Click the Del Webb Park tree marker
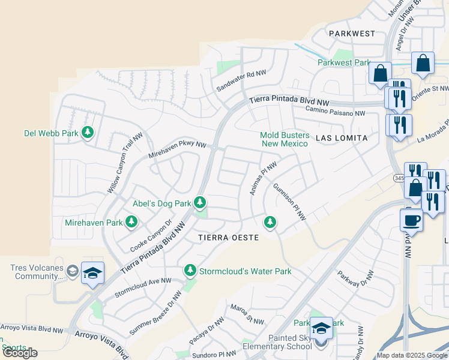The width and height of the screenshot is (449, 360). (x=88, y=132)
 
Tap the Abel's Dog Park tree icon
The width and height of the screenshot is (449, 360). (x=200, y=203)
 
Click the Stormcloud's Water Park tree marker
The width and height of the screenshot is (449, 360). (x=190, y=271)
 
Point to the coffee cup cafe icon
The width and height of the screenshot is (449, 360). (x=411, y=220)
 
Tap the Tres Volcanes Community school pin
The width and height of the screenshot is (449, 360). (x=92, y=274)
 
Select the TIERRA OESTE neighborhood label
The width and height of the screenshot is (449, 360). (x=229, y=238)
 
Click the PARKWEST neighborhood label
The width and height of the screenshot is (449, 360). (x=352, y=34)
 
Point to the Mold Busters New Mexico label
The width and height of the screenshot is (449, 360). (x=284, y=139)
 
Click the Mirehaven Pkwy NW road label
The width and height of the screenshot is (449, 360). (x=177, y=151)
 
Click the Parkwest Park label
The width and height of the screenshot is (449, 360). (x=344, y=62)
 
